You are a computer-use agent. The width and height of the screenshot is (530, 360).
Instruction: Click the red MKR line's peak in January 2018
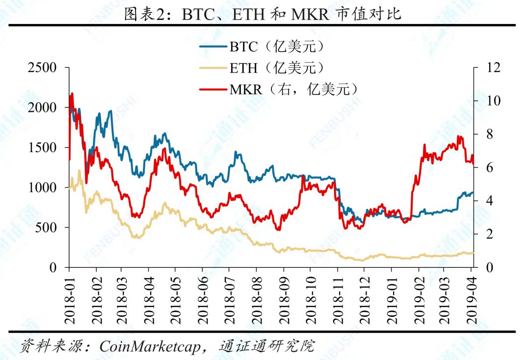tap(72, 93)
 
